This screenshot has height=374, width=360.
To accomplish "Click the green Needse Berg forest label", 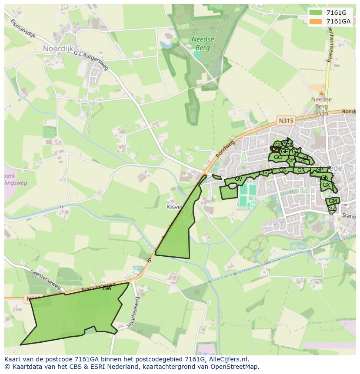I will pyautogui.click(x=203, y=42).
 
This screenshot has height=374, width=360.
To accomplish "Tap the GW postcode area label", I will pyautogui.click(x=107, y=288).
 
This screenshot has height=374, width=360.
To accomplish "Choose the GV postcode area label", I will pyautogui.click(x=238, y=179).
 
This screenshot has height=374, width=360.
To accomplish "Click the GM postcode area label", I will pyautogui.click(x=333, y=201).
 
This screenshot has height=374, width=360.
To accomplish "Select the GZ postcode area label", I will pyautogui.click(x=332, y=209).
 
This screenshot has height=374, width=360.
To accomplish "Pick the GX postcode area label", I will pyautogui.click(x=326, y=185).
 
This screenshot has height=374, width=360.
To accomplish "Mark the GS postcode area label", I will pyautogui.click(x=283, y=170).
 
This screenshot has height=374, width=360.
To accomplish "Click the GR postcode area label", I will pyautogui.click(x=301, y=170).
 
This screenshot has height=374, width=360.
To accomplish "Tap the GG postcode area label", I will pyautogui.click(x=277, y=157).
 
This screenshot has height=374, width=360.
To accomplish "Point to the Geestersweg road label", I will pyautogui.click(x=45, y=278).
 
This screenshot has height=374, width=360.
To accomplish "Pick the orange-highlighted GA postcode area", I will pyautogui.click(x=275, y=149).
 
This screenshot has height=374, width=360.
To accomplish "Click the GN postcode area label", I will pyautogui.click(x=324, y=178).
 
